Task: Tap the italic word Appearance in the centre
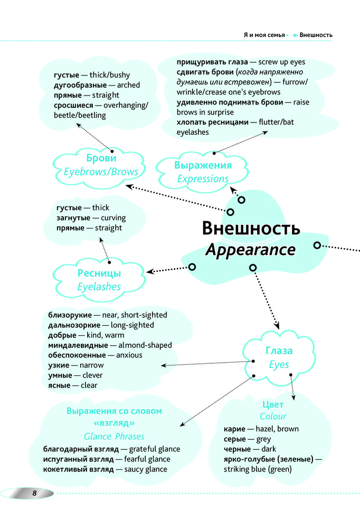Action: [x=250, y=250]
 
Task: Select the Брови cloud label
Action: [x=101, y=158]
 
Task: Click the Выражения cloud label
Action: [x=203, y=165]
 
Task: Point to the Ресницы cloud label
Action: [x=99, y=274]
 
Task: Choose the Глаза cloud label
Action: [x=279, y=351]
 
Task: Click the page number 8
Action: [x=33, y=493]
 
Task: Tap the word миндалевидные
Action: [x=75, y=345]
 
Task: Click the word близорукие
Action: [x=70, y=315]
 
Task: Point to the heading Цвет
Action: [x=273, y=404]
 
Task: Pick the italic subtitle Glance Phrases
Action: [x=114, y=437]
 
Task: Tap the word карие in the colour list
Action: [x=234, y=429]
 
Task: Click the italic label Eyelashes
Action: [x=99, y=287]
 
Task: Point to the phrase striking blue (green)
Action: [x=258, y=469]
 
